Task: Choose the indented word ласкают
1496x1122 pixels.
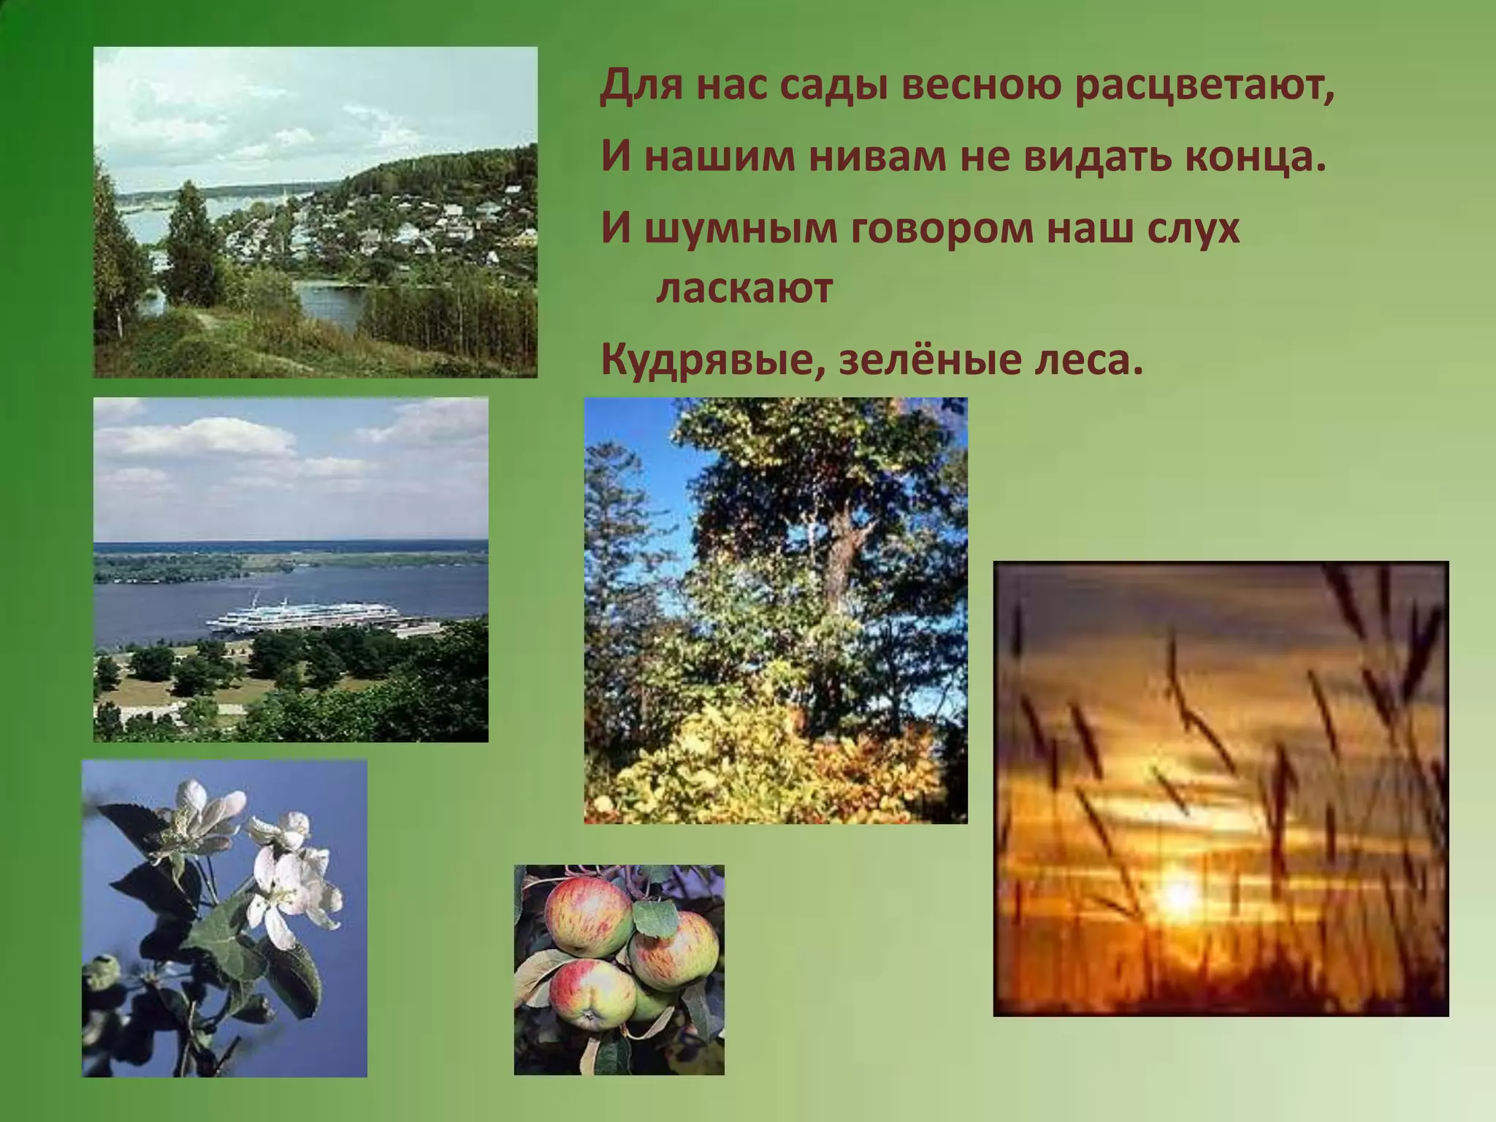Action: [745, 289]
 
